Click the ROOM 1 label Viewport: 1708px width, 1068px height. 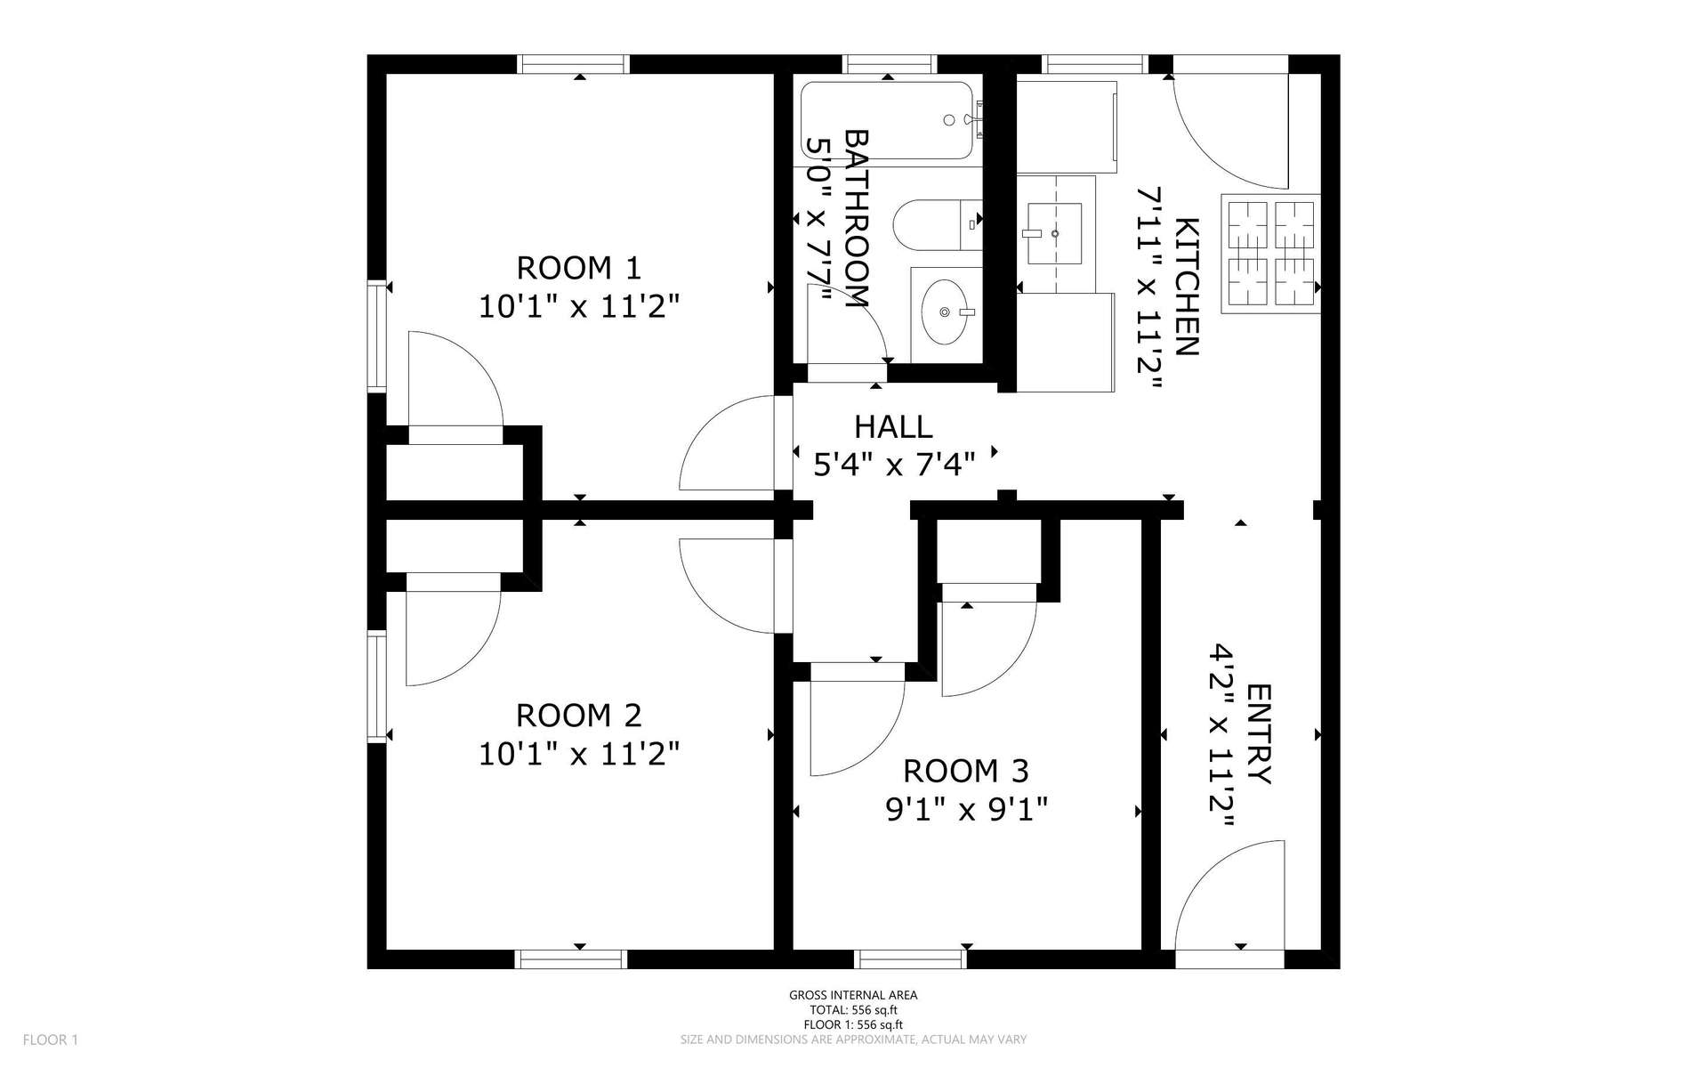tap(578, 267)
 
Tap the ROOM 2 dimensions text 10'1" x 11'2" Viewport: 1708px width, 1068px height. tap(579, 755)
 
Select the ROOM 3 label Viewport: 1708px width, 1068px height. tap(966, 770)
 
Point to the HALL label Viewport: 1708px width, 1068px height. tap(893, 427)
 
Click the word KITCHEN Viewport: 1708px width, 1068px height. tap(1188, 287)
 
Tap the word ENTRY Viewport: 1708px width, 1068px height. tap(1260, 734)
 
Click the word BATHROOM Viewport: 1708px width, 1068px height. tap(856, 219)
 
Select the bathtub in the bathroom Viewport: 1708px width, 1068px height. tap(889, 121)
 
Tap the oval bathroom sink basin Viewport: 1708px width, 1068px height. tap(946, 311)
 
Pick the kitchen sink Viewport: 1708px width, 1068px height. tap(1055, 233)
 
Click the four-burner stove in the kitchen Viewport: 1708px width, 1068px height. tap(1270, 254)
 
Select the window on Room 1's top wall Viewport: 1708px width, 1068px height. tap(575, 64)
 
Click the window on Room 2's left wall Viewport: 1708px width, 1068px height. tap(377, 686)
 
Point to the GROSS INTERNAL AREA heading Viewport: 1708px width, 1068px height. tap(853, 996)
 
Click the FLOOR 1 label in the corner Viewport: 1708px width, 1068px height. tap(51, 1040)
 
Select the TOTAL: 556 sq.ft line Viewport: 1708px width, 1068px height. tap(853, 1010)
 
